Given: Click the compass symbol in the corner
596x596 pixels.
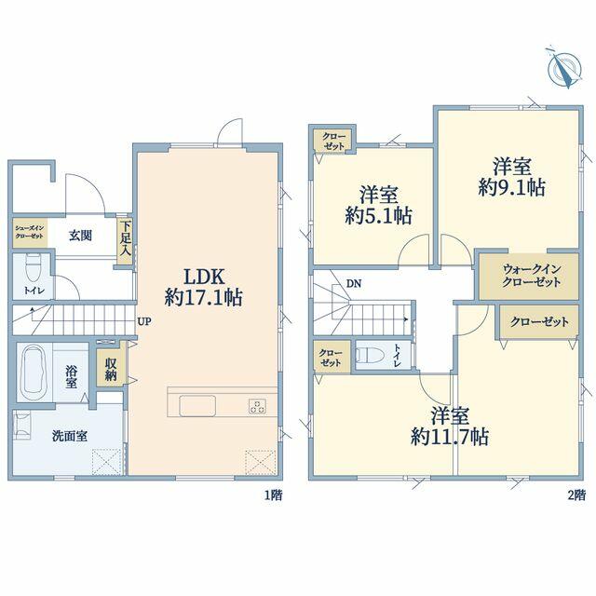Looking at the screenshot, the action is [564, 68].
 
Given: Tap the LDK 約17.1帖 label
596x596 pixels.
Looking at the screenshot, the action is [204, 287].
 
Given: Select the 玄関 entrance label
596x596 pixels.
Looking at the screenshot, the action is [80, 236].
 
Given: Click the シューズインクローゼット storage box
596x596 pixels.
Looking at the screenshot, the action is [30, 232].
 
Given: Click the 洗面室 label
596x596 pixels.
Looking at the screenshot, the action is [70, 436].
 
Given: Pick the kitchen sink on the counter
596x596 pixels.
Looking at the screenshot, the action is [197, 406].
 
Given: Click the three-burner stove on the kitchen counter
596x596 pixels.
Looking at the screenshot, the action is [257, 406].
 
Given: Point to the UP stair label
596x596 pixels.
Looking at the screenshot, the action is [144, 321].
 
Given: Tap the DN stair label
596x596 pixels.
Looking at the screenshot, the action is [354, 283].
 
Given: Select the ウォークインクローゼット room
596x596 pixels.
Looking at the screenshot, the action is [529, 276].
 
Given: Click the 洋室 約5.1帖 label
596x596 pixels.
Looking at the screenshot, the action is [379, 205].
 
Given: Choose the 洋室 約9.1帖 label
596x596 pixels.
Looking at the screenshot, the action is [511, 177].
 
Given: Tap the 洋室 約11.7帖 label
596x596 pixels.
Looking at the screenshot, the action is [450, 427].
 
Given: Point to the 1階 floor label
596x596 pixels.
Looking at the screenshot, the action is [273, 494].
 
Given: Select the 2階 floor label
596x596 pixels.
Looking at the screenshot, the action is [576, 494].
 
